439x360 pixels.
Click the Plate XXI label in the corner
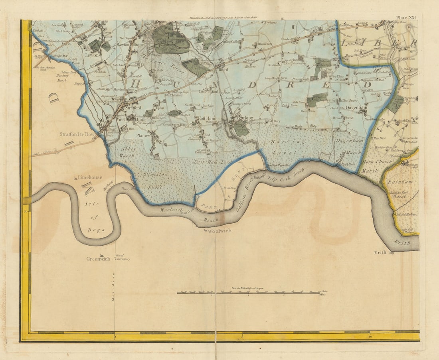pyautogui.click(x=406, y=18)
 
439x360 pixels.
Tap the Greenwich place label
pyautogui.click(x=98, y=259)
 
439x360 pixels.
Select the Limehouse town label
pyautogui.click(x=90, y=177)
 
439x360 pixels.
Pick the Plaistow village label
pyautogui.click(x=143, y=136)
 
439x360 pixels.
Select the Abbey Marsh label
pyautogui.click(x=128, y=151)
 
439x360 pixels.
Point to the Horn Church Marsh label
pyautogui.click(x=373, y=167)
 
